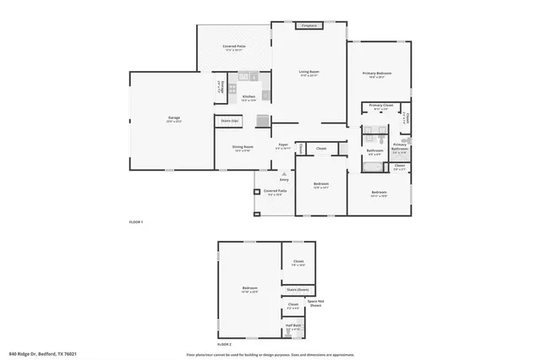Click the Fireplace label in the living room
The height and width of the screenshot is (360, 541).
(x=309, y=26)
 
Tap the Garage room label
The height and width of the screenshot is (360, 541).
(x=173, y=118)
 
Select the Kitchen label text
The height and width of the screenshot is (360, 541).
(x=249, y=97)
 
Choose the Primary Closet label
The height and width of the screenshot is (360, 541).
(x=380, y=106)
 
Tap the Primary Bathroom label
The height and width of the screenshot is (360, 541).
(x=400, y=145)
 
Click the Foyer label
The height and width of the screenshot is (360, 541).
(x=284, y=145)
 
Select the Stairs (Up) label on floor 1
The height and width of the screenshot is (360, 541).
(x=229, y=121)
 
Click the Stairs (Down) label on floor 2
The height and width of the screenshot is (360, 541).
(x=297, y=289)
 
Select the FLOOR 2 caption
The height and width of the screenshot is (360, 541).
(x=224, y=345)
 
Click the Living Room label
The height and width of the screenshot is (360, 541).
(x=308, y=73)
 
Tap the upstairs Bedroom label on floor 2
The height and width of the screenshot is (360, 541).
(x=249, y=289)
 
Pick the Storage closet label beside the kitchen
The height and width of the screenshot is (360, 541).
(x=220, y=85)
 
